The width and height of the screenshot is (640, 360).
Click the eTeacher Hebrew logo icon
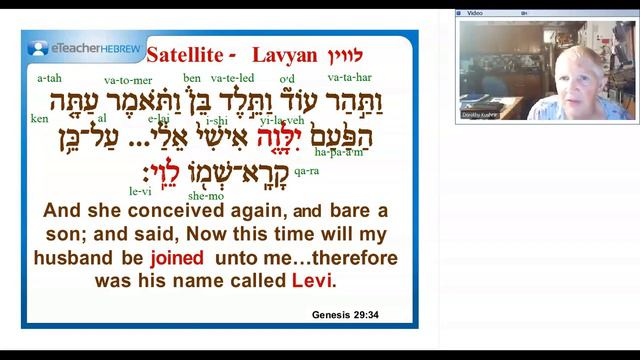[x=38, y=47]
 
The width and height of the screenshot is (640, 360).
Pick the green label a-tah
[x=48, y=77]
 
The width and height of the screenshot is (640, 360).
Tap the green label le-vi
[x=139, y=188]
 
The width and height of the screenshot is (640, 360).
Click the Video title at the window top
[x=475, y=13]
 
